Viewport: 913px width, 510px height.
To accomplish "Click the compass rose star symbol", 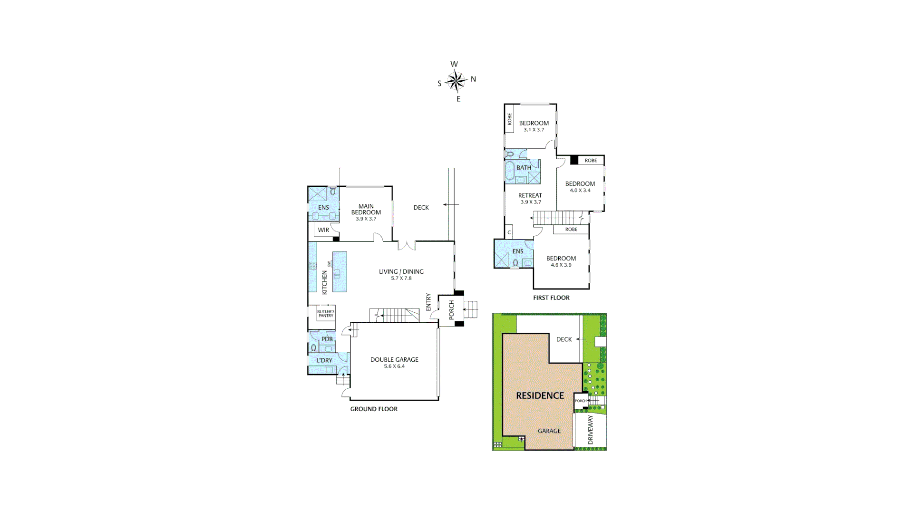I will click(x=456, y=81).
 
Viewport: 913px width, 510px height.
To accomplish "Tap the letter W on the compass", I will click(x=454, y=64).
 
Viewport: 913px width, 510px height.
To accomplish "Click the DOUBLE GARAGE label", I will click(x=394, y=360).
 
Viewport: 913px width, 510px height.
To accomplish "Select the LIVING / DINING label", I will click(x=401, y=272).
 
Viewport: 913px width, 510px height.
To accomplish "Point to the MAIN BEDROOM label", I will click(x=366, y=210).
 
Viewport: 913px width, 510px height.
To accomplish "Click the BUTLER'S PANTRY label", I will click(x=326, y=314).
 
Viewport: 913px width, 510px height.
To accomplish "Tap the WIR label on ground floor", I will click(x=323, y=230).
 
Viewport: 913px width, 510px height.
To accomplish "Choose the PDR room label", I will click(x=327, y=339).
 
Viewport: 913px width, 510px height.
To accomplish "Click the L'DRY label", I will click(x=324, y=360).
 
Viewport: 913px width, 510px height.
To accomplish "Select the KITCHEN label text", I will click(x=325, y=283).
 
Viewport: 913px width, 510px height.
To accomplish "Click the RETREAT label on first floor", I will click(x=530, y=195).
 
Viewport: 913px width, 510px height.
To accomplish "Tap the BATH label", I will click(x=524, y=168).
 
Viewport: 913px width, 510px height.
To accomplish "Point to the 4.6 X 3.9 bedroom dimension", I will click(x=561, y=265).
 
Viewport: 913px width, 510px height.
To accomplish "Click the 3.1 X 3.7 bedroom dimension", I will click(x=534, y=130).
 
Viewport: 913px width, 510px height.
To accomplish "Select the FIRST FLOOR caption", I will click(x=551, y=298).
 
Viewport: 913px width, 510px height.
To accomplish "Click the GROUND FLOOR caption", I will click(x=374, y=409).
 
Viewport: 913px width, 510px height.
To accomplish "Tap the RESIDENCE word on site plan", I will click(x=540, y=395).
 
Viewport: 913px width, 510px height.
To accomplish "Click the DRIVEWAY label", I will click(x=591, y=430).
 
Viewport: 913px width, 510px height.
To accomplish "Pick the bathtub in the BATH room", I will click(x=509, y=171).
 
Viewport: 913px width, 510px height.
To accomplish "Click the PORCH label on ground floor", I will click(x=451, y=310).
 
